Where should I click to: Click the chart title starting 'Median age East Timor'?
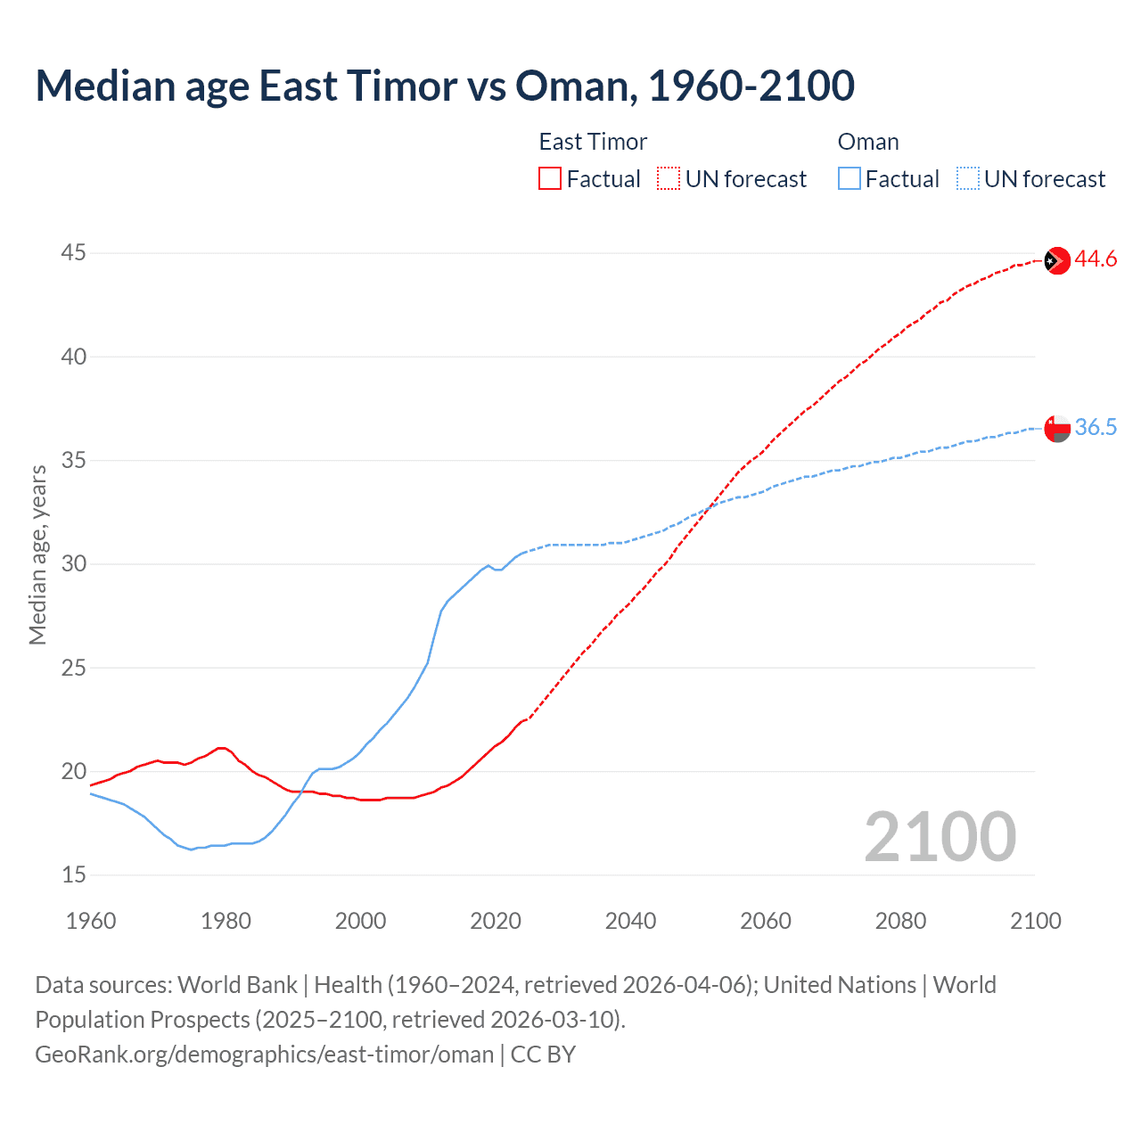[445, 86]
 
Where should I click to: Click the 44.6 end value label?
[1096, 259]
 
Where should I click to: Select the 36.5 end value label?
[1096, 428]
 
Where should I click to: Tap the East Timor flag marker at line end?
[1056, 260]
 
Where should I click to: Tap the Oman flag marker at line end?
[1056, 428]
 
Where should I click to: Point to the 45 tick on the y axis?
[73, 253]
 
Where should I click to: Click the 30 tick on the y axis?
[73, 564]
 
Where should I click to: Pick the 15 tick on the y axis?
[73, 875]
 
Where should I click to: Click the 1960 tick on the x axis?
[91, 921]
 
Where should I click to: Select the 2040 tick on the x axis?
[630, 921]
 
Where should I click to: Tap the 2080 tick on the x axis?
[900, 921]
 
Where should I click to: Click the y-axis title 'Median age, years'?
[37, 554]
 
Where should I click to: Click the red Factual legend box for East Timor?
[550, 179]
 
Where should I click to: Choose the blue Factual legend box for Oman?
[850, 179]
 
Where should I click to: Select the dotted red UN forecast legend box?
[669, 179]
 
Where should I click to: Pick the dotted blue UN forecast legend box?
[968, 179]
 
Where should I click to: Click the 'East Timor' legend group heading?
[593, 142]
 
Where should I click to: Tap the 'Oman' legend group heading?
[868, 142]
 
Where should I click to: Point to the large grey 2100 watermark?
[940, 837]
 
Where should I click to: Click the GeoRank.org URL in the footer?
[264, 1055]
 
